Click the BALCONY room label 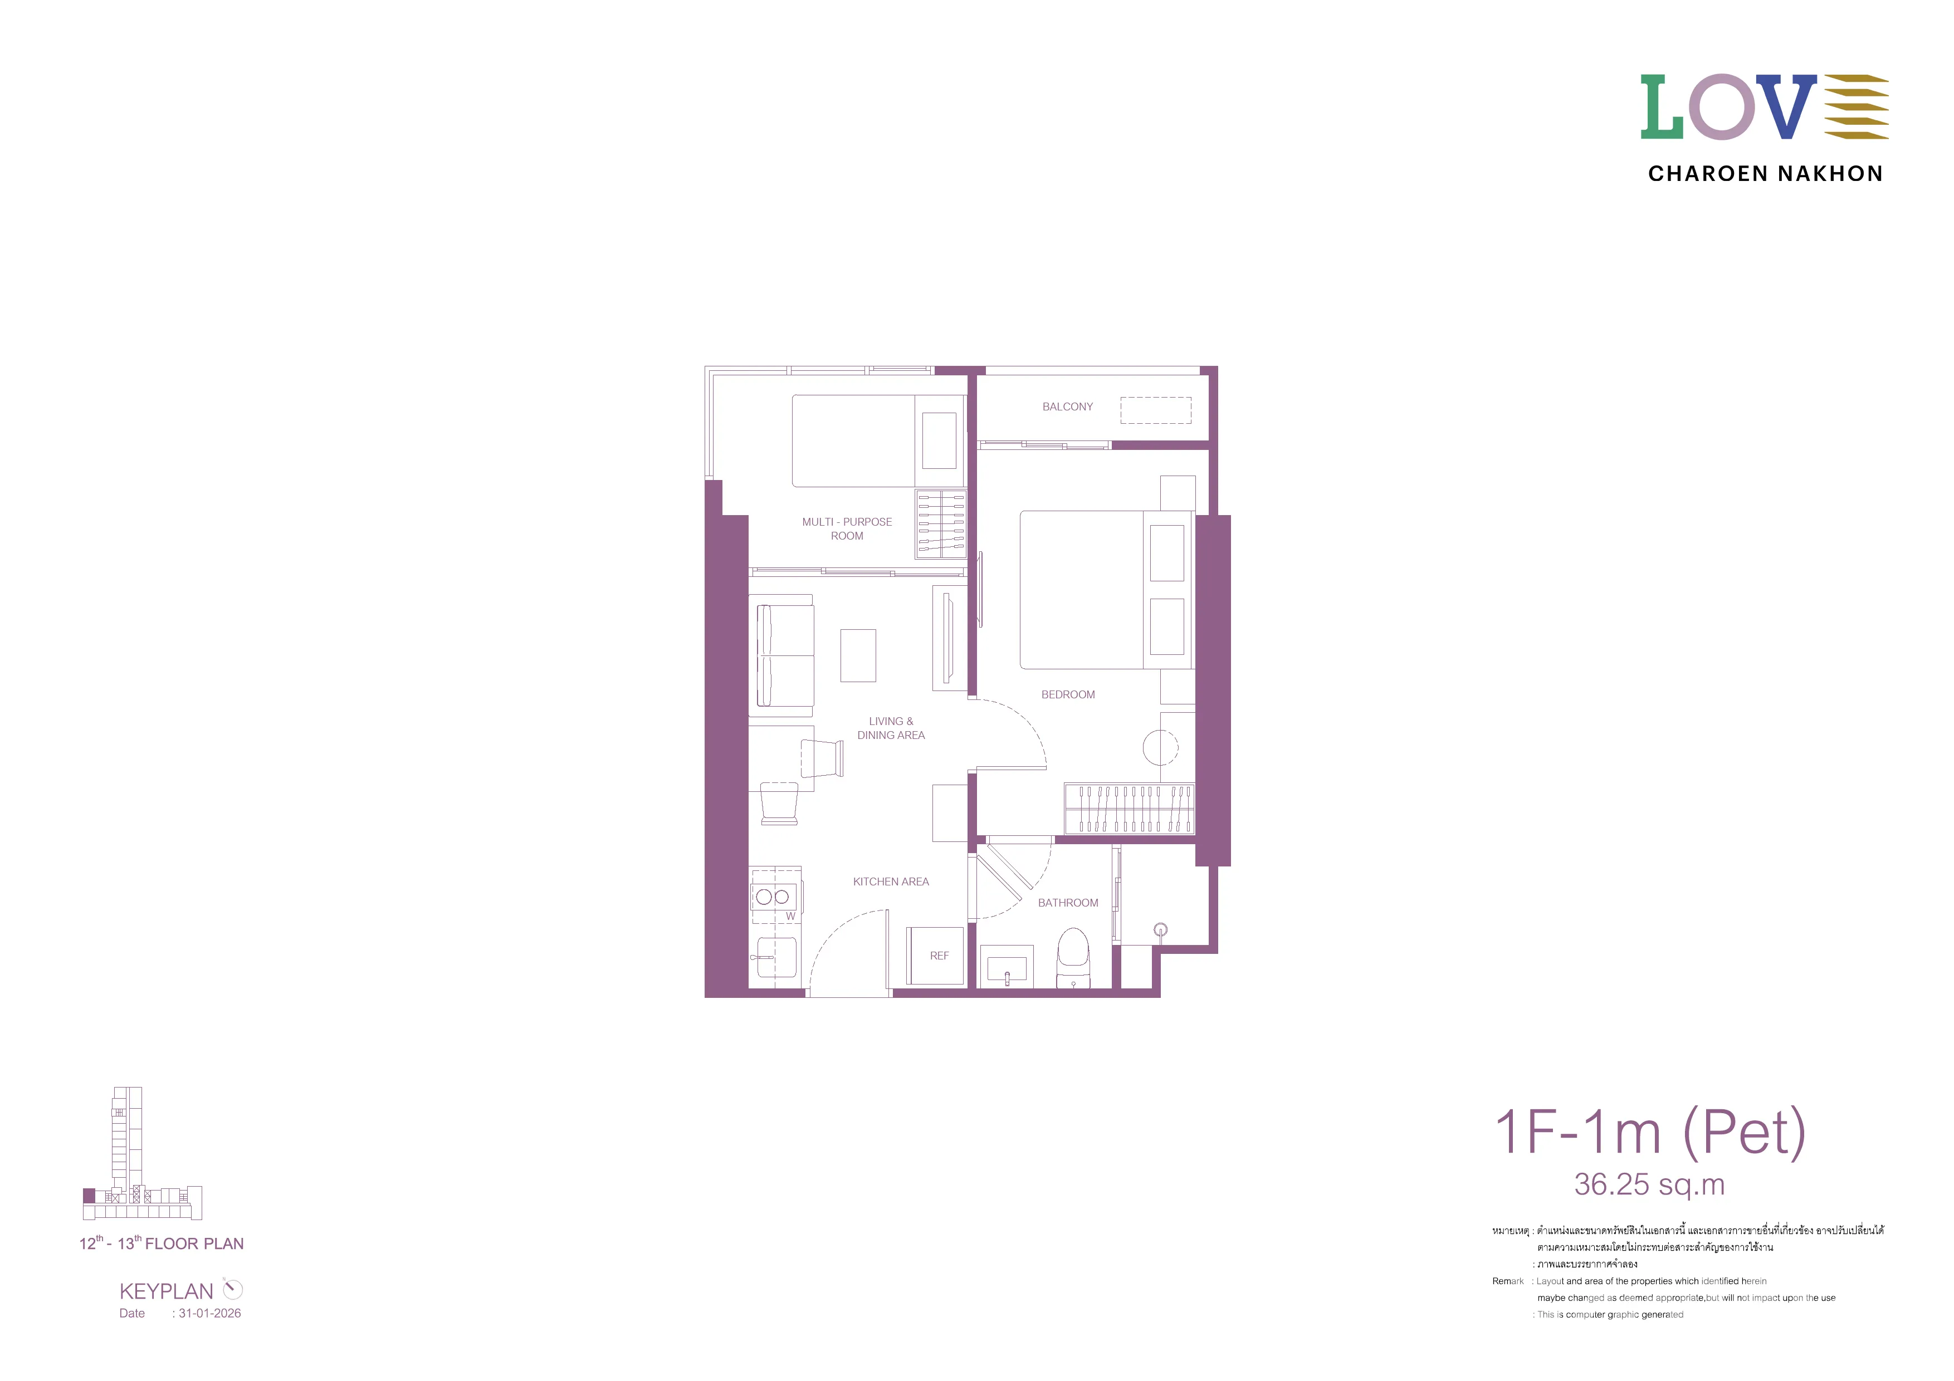point(1067,407)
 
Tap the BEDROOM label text point(1068,694)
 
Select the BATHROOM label point(1068,903)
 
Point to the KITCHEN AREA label point(891,882)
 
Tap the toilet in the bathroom point(1073,957)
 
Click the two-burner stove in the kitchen point(774,896)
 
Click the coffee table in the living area point(858,655)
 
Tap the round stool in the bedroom point(1160,748)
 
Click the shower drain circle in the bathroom point(1160,930)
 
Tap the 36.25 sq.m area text point(1649,1184)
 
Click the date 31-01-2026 point(209,1313)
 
